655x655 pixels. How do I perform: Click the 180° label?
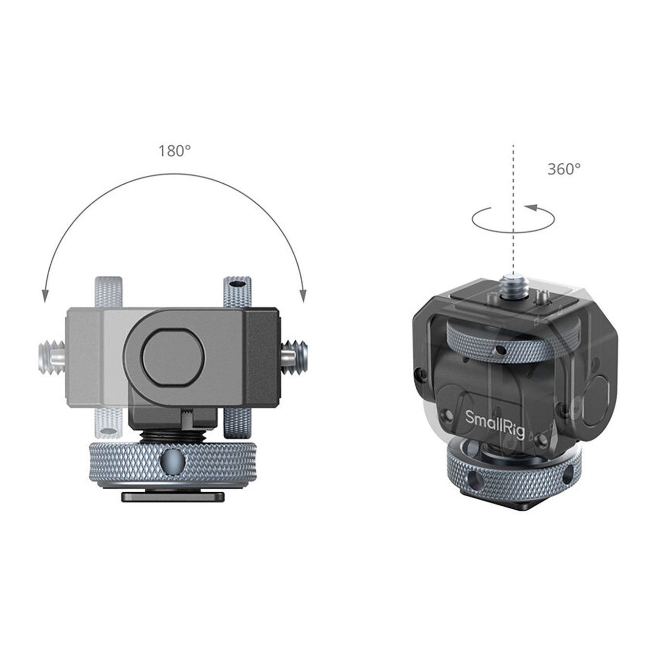click(x=174, y=151)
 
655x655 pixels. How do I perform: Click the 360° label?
click(x=564, y=169)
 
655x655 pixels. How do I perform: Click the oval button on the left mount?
click(x=173, y=357)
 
